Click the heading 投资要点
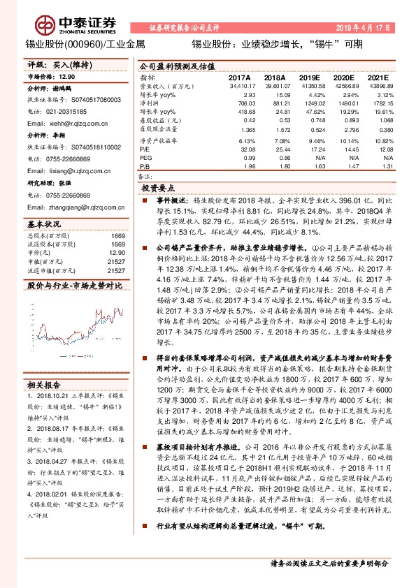pyautogui.click(x=161, y=189)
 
